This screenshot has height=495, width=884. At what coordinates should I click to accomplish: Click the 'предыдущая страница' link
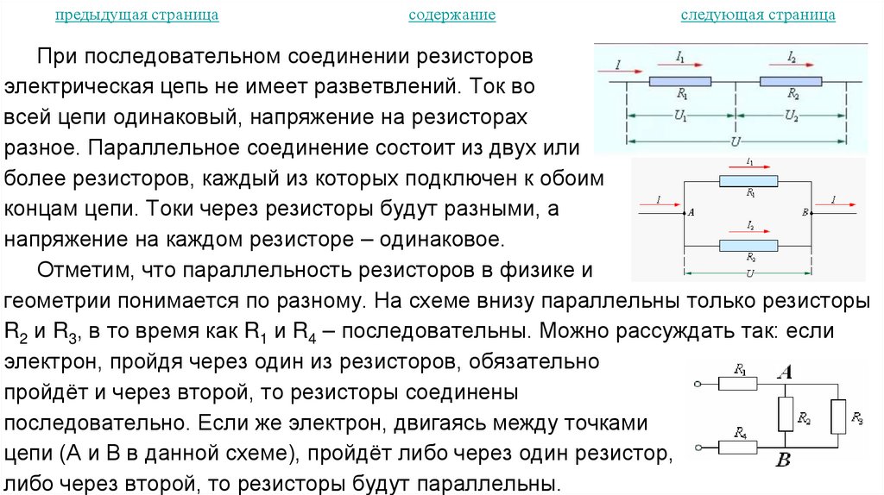(136, 16)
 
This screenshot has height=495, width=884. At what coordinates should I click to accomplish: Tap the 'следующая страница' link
(757, 16)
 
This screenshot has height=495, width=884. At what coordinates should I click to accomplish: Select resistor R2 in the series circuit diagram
(792, 81)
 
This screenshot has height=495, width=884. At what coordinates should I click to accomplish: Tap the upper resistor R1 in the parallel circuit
(748, 181)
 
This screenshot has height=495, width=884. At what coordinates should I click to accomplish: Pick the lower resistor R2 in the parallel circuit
(748, 246)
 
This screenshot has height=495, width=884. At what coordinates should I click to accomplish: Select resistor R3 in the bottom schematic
(838, 417)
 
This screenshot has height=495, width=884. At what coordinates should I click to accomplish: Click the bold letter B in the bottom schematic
(783, 461)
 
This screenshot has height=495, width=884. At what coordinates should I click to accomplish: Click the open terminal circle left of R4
(697, 446)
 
